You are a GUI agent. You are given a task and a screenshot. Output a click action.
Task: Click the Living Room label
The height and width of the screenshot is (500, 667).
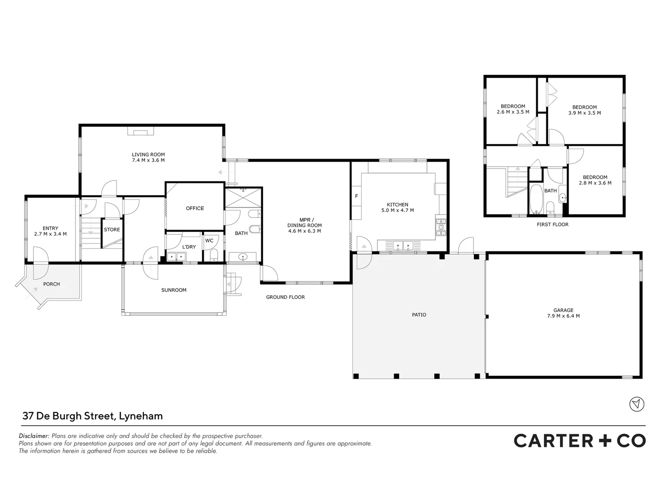[148, 155]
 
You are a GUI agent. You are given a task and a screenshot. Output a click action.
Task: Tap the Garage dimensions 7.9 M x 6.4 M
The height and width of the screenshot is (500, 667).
[563, 316]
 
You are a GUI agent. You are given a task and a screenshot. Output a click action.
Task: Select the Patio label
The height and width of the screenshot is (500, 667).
[419, 315]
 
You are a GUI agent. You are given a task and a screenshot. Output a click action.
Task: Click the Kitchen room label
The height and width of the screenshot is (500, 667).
[397, 205]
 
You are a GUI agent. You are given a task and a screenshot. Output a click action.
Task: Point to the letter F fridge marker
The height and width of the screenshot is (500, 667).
[356, 196]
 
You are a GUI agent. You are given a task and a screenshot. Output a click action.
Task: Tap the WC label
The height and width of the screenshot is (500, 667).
[209, 241]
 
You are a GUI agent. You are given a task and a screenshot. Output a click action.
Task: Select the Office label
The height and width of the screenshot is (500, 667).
[195, 208]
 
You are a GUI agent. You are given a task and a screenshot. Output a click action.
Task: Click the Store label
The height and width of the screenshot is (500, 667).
[112, 230]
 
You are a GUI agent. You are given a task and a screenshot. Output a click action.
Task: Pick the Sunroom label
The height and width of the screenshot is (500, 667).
[174, 290]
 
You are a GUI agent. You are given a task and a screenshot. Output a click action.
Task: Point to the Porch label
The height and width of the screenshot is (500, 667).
[51, 284]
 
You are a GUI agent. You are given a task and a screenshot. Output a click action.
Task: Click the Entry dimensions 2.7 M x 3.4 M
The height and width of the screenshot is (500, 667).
[50, 234]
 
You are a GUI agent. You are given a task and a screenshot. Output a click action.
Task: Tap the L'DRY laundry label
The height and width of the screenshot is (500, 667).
[189, 247]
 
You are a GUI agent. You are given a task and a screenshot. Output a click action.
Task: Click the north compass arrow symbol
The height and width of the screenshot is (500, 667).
[637, 404]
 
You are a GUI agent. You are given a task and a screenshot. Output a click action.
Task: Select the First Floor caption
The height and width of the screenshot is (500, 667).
[553, 225]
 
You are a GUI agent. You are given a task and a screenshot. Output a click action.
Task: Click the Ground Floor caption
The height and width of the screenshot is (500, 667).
[285, 297]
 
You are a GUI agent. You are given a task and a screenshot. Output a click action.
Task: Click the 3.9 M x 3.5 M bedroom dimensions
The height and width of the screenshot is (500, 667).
[585, 113]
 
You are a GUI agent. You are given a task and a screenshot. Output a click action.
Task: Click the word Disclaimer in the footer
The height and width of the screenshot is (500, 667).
[34, 436]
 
